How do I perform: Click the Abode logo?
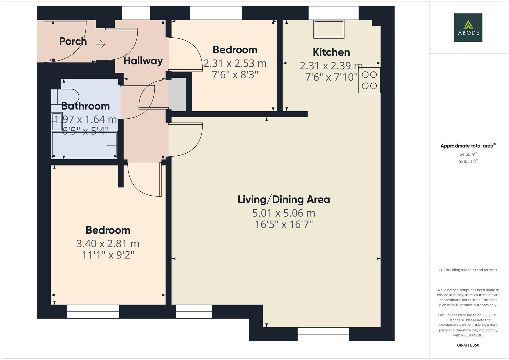pyautogui.click(x=468, y=27)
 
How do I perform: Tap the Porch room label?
pyautogui.click(x=73, y=41)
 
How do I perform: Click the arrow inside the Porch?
pyautogui.click(x=101, y=44)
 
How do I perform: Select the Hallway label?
pyautogui.click(x=143, y=61)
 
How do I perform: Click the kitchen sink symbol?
pyautogui.click(x=329, y=29)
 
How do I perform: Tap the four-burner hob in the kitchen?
pyautogui.click(x=369, y=80)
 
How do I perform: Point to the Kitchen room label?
pyautogui.click(x=331, y=52)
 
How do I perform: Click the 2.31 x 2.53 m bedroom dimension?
pyautogui.click(x=235, y=63)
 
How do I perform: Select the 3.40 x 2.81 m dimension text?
pyautogui.click(x=108, y=244)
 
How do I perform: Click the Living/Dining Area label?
pyautogui.click(x=284, y=200)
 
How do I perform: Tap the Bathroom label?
pyautogui.click(x=85, y=106)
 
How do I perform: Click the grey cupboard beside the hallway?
pyautogui.click(x=178, y=94)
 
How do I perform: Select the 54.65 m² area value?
pyautogui.click(x=468, y=154)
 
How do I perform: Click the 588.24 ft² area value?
pyautogui.click(x=468, y=161)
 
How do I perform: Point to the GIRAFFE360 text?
pyautogui.click(x=468, y=345)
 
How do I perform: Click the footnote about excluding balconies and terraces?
pyautogui.click(x=468, y=270)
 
